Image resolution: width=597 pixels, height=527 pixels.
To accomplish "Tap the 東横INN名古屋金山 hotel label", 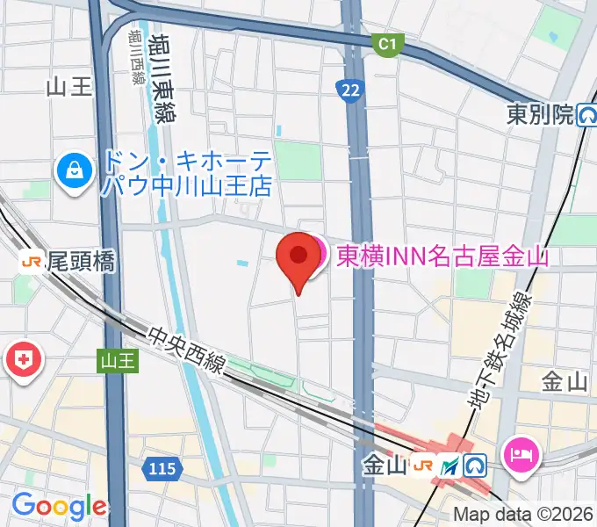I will [x=442, y=256].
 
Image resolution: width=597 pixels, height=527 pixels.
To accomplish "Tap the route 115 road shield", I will [x=162, y=470].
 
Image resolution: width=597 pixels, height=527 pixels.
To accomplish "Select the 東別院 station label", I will [x=539, y=113].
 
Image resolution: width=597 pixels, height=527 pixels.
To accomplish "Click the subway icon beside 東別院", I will [x=586, y=114].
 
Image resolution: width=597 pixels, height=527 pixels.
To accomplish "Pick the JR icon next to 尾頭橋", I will [x=32, y=261].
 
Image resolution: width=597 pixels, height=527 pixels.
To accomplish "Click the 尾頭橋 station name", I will [x=81, y=261].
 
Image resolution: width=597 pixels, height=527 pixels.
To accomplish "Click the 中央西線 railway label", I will [x=190, y=352].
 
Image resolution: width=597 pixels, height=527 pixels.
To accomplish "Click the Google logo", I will [x=59, y=506].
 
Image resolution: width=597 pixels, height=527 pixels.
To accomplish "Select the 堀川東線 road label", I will [x=162, y=76].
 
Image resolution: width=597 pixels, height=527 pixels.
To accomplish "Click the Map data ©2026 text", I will [x=523, y=515].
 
